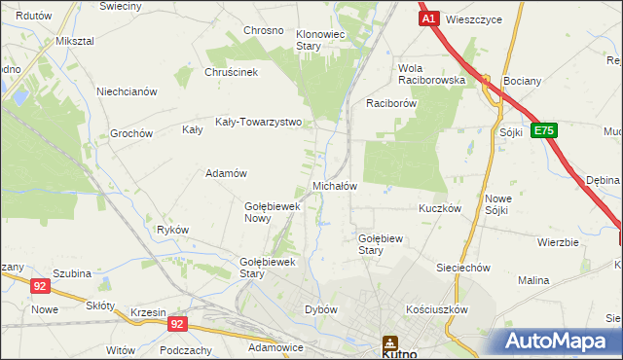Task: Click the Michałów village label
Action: (335, 186)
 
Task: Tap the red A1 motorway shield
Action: (429, 18)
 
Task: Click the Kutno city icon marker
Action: (390, 342)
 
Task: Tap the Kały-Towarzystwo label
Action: (258, 124)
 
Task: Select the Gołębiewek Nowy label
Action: (270, 212)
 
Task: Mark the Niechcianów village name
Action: (127, 92)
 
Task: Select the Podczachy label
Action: (186, 350)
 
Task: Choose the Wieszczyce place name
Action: (475, 19)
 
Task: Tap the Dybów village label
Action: (321, 309)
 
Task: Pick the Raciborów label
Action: (391, 102)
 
